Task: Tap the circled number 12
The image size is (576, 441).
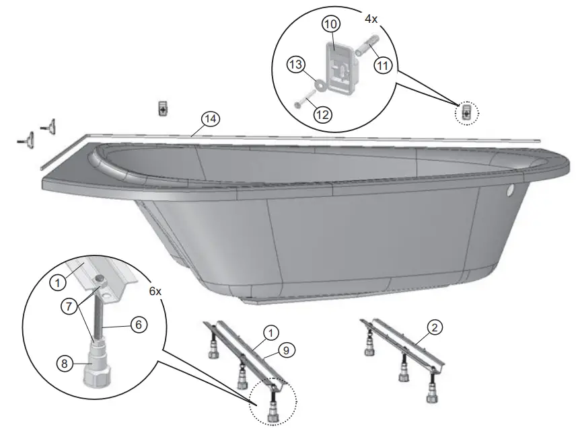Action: pyautogui.click(x=321, y=114)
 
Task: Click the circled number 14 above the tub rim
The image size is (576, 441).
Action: pyautogui.click(x=211, y=119)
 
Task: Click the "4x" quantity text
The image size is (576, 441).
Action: pyautogui.click(x=371, y=19)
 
